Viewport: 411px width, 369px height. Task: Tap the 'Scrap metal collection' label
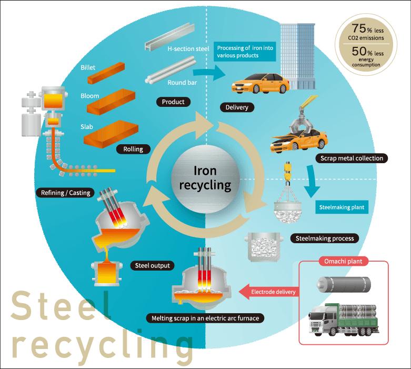coord(352,158)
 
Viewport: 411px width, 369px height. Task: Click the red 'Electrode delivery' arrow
coord(268,292)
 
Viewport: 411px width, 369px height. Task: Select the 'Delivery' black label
coord(237,108)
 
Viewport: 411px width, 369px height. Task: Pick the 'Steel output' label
coord(154,265)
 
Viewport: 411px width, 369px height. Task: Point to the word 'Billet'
coord(88,68)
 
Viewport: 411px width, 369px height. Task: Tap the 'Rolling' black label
coord(133,149)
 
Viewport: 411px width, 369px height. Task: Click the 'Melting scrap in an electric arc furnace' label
coord(205,318)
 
